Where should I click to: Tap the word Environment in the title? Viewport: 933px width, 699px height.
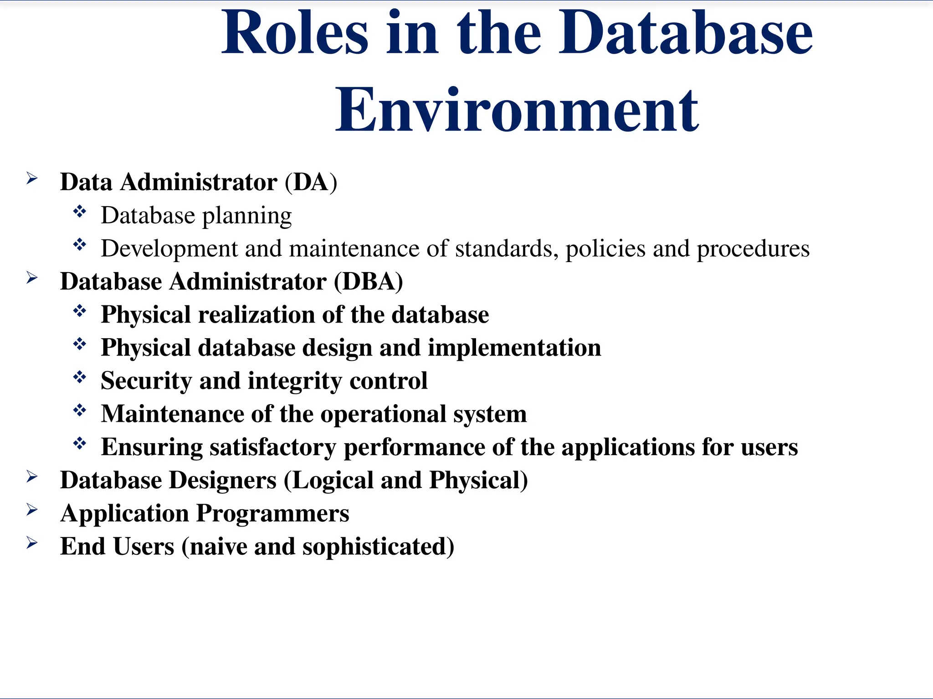tap(517, 110)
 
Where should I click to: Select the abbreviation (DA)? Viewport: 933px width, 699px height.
tap(311, 182)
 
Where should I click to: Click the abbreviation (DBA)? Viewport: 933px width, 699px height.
tap(368, 281)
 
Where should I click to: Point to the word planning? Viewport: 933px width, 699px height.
tap(247, 216)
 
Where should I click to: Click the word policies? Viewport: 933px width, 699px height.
tap(605, 249)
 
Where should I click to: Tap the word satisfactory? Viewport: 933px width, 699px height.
tap(272, 447)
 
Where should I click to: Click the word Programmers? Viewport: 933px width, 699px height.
tap(272, 513)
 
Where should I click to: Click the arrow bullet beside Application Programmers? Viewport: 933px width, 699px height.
tap(32, 510)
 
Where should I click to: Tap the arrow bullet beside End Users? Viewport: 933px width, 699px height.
tap(32, 542)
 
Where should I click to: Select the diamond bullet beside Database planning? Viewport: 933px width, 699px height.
tap(80, 212)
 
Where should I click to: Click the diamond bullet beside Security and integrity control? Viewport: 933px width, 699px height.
tap(80, 377)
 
